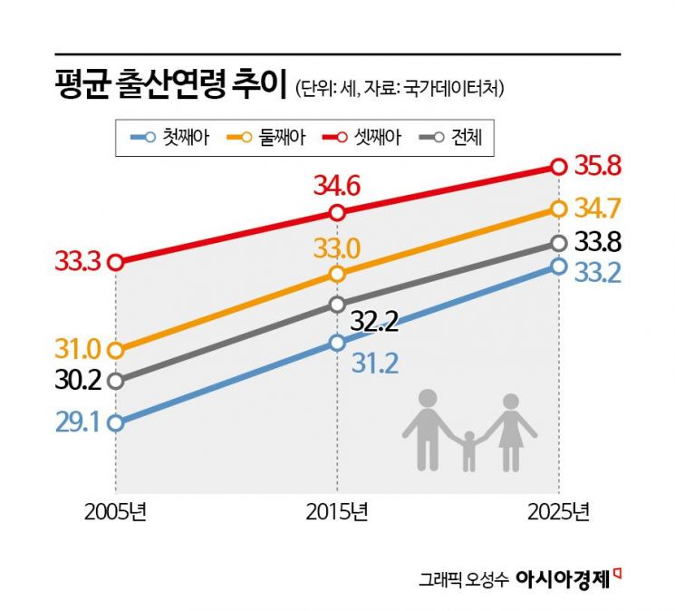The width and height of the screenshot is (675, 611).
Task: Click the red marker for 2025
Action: pos(558,167)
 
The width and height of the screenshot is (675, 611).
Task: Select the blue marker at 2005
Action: pos(116,423)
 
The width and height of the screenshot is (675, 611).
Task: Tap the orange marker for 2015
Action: pos(337,274)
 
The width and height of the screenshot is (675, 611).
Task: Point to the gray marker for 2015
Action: pos(337,304)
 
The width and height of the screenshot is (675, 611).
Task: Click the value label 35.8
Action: pos(598,166)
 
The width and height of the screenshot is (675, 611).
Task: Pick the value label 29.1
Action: pos(78,423)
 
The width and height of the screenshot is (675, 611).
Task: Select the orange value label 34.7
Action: pos(598,208)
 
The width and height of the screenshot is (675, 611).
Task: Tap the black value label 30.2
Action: pos(78,381)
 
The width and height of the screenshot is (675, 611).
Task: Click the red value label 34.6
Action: pos(337,186)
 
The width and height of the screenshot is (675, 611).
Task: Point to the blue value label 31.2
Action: pos(375,364)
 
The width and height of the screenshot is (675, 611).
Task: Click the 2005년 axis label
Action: pos(115,512)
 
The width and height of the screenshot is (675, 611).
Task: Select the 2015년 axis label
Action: pos(337,512)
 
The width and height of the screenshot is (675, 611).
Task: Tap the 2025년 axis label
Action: pos(558,512)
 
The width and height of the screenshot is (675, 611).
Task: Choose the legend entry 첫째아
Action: pos(170,138)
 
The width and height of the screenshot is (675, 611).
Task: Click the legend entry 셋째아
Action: pos(362,138)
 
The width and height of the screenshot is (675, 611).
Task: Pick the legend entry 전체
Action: pos(450,138)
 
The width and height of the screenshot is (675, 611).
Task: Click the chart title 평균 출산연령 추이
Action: pos(171,84)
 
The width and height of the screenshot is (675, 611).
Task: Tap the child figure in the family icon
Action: pos(468,451)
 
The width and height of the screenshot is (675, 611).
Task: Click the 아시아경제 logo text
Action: pos(563,579)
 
